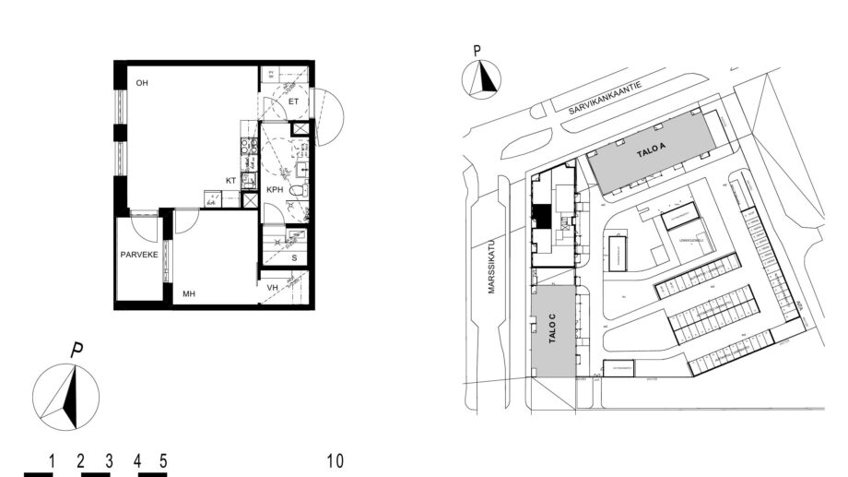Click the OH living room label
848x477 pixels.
(142, 83)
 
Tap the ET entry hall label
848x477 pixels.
(293, 101)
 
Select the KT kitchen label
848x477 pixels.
(231, 181)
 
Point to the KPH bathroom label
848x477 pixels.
(275, 189)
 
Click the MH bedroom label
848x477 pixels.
(188, 294)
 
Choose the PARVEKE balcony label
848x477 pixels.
(138, 254)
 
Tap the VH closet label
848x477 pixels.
(272, 288)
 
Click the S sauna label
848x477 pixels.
(294, 257)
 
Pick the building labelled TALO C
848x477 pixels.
(551, 330)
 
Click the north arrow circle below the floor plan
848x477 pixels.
(66, 398)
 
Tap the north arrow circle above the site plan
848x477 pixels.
(480, 79)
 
